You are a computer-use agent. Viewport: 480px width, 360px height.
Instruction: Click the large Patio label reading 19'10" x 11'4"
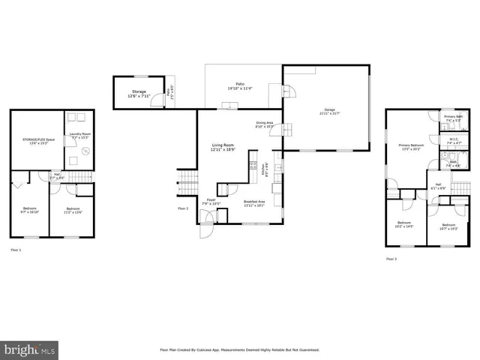tap(241, 85)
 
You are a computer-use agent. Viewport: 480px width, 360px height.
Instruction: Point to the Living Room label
tap(223, 148)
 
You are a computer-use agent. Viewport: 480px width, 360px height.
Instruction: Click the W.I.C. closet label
tap(454, 140)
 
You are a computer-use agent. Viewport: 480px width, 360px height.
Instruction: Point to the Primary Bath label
tap(453, 118)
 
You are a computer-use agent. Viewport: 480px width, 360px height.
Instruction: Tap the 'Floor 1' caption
tap(16, 249)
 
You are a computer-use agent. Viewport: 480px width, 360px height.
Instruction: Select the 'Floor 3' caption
tap(391, 259)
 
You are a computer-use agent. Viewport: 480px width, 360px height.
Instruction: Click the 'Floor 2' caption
tap(183, 208)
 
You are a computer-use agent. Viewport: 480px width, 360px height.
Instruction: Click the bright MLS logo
tap(30, 350)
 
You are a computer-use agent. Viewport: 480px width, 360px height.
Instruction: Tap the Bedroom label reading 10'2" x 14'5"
tap(404, 226)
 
